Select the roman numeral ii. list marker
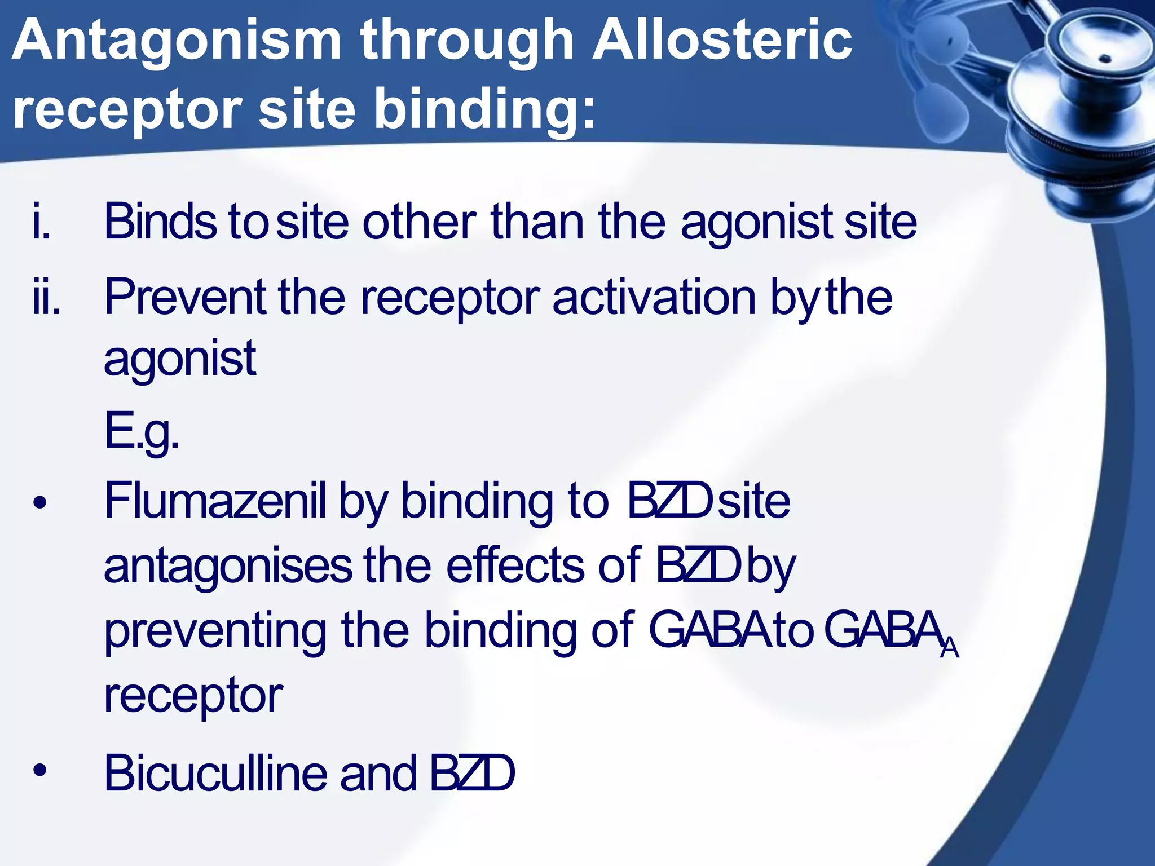(46, 298)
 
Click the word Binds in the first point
(160, 222)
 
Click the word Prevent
(185, 297)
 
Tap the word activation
(654, 297)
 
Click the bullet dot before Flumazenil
(39, 502)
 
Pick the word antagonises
(228, 565)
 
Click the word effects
(515, 565)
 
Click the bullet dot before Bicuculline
(39, 770)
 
